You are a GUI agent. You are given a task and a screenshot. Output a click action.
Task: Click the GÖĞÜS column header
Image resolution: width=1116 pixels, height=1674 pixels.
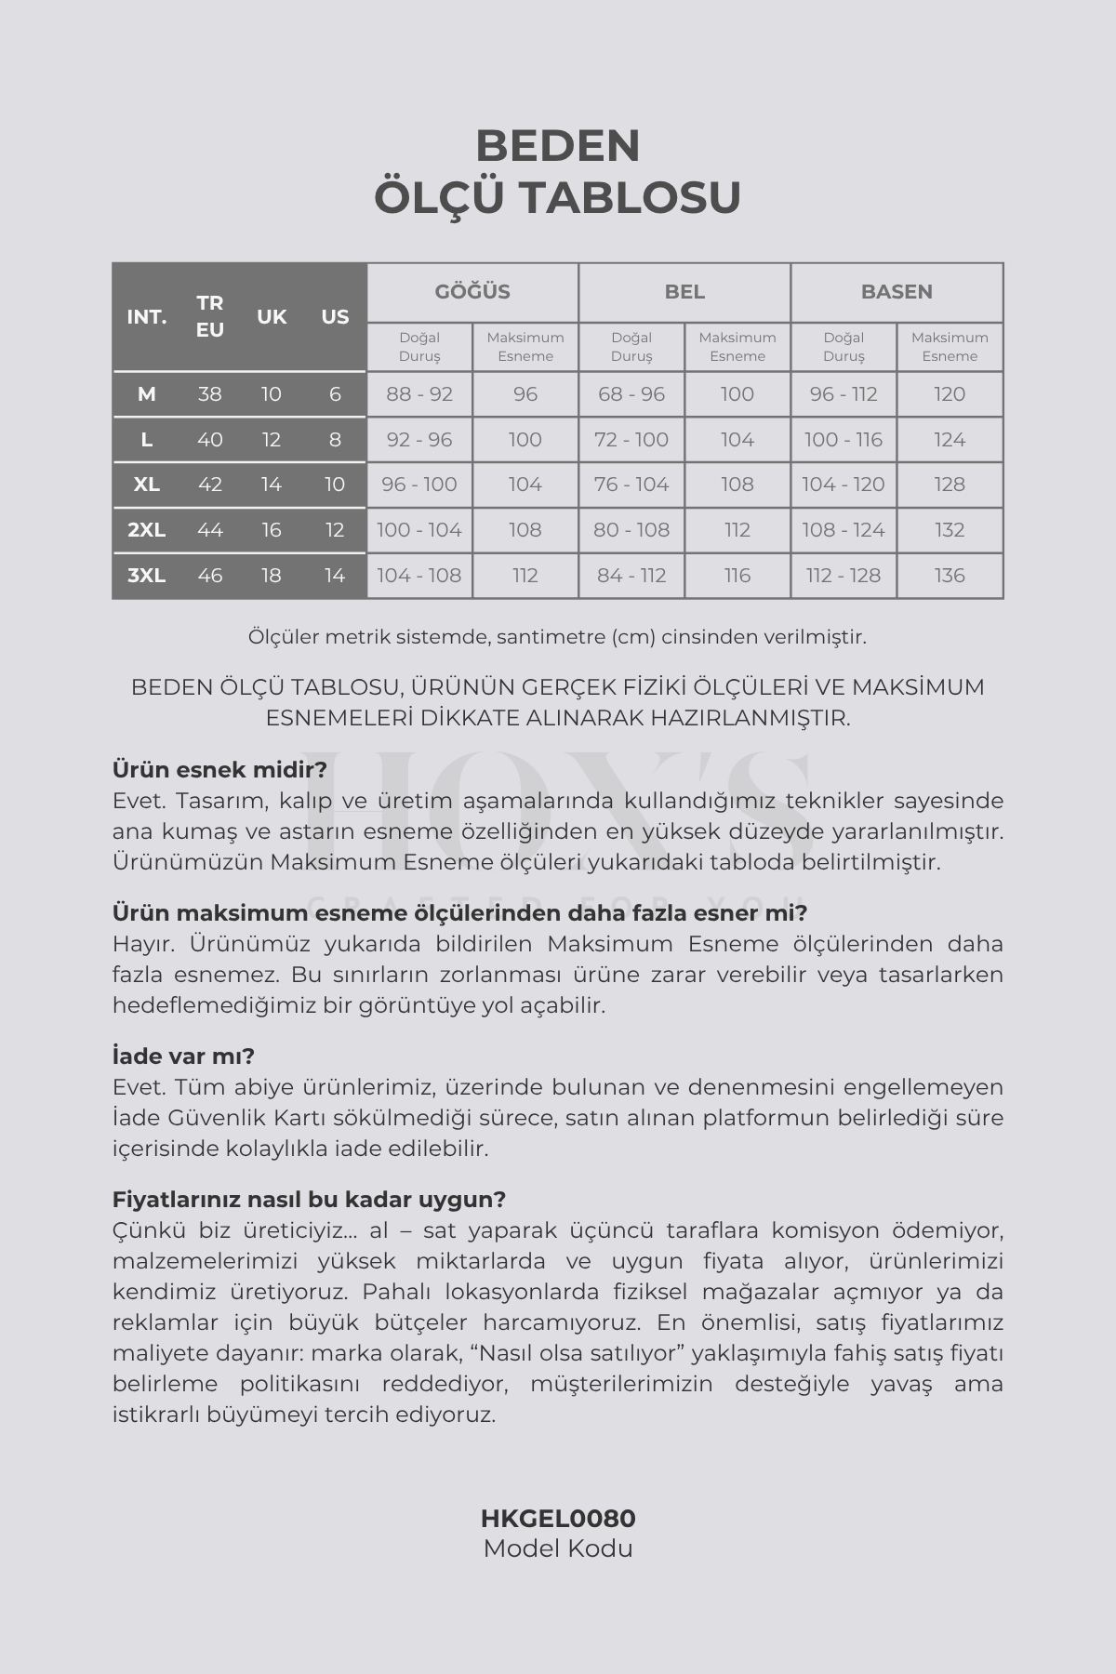click(472, 292)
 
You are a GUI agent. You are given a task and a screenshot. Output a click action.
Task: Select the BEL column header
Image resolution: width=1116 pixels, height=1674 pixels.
click(684, 292)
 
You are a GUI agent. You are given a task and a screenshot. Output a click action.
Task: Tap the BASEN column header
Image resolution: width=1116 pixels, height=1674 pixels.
click(897, 292)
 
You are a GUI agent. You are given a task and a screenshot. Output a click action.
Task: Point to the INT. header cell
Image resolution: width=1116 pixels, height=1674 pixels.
click(147, 317)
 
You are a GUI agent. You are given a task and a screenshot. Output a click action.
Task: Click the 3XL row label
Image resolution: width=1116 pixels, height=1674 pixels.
click(147, 576)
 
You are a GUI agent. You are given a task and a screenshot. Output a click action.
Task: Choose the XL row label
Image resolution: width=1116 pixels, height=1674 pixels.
click(147, 485)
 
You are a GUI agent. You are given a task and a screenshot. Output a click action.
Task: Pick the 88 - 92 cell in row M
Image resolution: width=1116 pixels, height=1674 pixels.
click(419, 394)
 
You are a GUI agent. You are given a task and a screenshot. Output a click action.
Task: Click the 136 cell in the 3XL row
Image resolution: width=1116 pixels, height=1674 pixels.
click(950, 576)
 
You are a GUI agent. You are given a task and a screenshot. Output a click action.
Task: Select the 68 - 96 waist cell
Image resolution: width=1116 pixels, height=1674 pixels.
click(631, 394)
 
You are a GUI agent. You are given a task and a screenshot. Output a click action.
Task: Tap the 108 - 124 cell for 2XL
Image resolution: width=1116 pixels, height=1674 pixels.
click(844, 530)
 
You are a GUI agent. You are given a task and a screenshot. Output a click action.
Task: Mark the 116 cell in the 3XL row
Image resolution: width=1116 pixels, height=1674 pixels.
click(737, 576)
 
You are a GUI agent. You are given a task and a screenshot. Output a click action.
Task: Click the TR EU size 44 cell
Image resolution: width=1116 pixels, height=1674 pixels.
click(210, 530)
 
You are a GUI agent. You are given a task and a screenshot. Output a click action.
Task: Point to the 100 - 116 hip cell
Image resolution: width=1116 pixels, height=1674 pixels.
click(844, 440)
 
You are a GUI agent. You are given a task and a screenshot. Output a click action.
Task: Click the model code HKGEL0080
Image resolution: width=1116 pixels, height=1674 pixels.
click(558, 1519)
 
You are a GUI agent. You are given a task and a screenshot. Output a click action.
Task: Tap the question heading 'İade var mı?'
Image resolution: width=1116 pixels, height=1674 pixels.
click(183, 1056)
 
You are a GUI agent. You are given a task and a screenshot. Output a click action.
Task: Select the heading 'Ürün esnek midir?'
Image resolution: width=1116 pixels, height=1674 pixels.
click(219, 770)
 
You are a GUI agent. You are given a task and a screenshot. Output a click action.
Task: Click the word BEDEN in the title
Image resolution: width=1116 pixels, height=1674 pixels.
click(558, 146)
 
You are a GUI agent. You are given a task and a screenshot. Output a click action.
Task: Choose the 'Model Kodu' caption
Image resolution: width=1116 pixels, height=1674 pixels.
click(558, 1548)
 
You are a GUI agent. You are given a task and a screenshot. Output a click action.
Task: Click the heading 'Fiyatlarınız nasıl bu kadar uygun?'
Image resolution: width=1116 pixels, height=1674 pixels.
click(309, 1200)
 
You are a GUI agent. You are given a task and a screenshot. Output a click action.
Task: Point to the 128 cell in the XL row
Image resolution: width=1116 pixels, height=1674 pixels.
click(950, 485)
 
